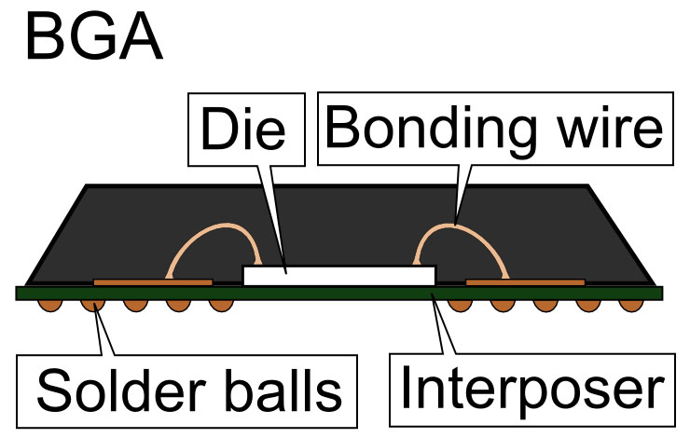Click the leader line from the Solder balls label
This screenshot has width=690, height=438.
point(104,331)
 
